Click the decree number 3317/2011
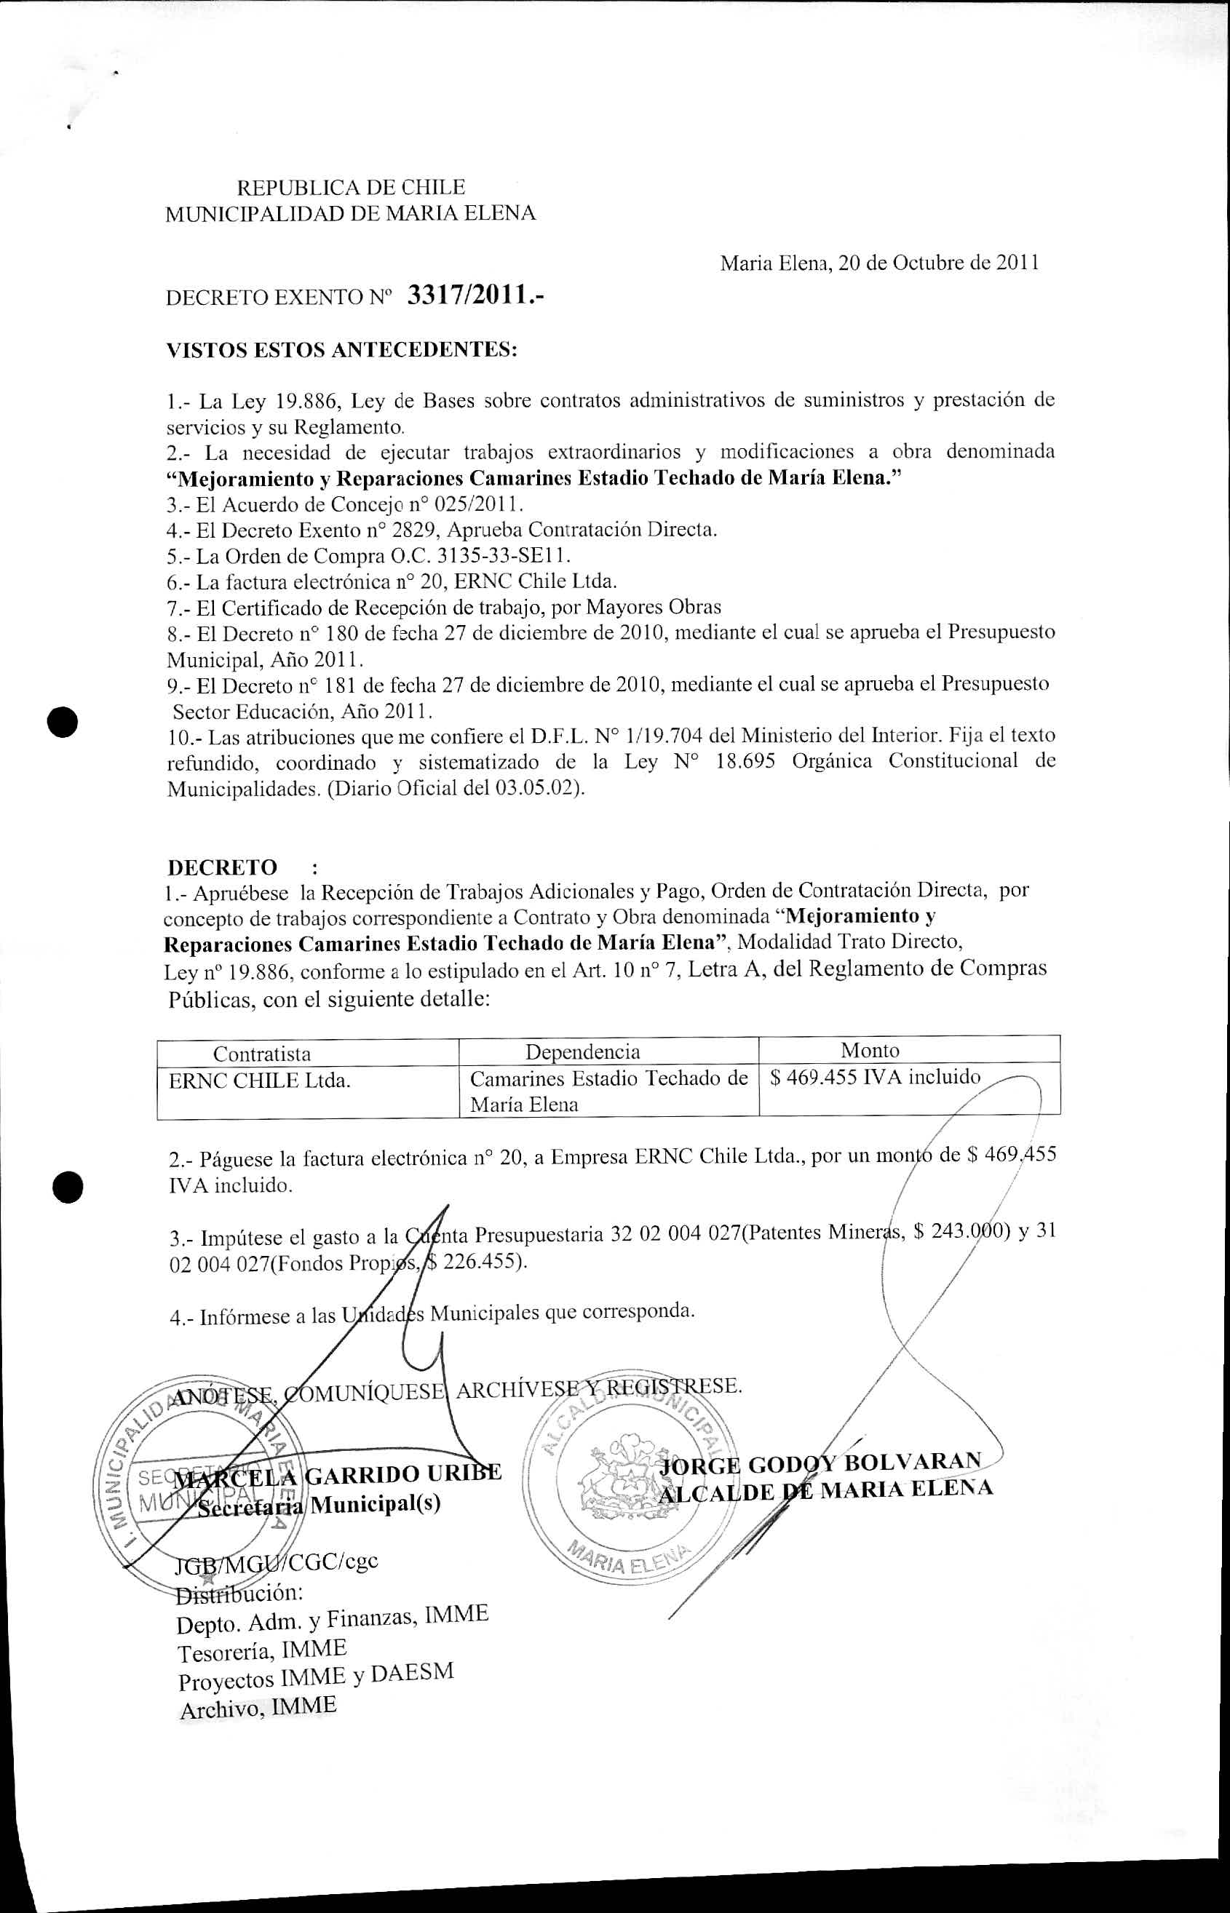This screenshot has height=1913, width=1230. click(x=476, y=296)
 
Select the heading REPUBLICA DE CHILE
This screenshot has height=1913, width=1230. click(x=351, y=188)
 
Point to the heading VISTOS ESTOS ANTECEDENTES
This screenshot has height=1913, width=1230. click(x=342, y=350)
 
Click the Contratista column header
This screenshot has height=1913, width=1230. click(x=262, y=1054)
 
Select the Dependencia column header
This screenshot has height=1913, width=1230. click(x=582, y=1051)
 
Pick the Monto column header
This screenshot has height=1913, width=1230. click(x=870, y=1051)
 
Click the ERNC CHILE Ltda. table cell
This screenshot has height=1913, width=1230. click(x=260, y=1082)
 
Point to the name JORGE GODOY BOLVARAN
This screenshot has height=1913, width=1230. click(x=820, y=1463)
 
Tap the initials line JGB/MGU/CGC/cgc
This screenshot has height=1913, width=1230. click(x=277, y=1561)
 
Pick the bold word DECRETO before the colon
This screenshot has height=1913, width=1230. click(x=222, y=867)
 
